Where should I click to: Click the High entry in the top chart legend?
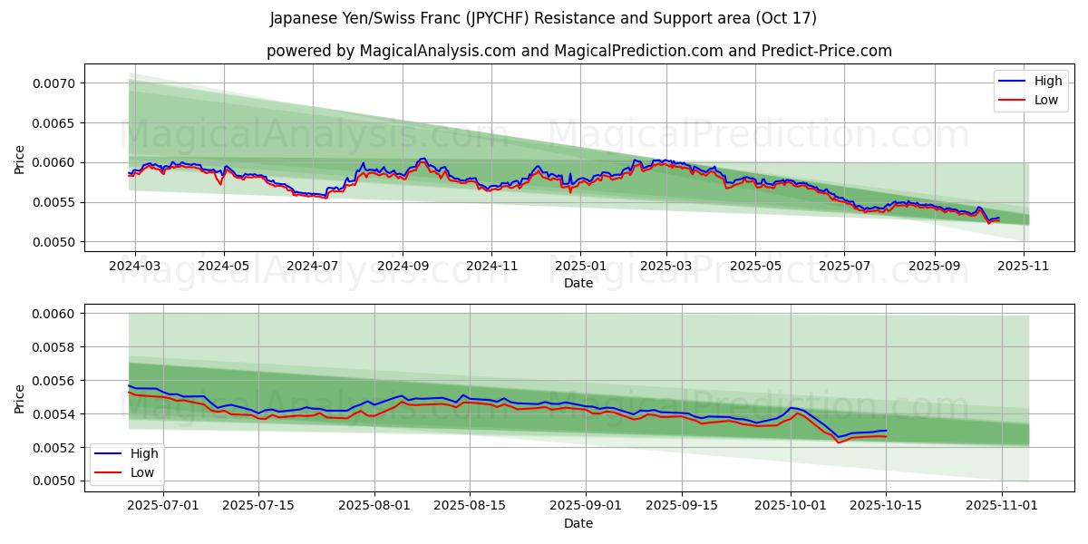pos(1048,82)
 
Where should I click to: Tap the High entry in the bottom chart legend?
pos(144,453)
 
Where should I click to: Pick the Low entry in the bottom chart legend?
pos(142,472)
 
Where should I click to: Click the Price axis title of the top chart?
pos(20,160)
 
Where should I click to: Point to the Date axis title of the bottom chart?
pos(578,523)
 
